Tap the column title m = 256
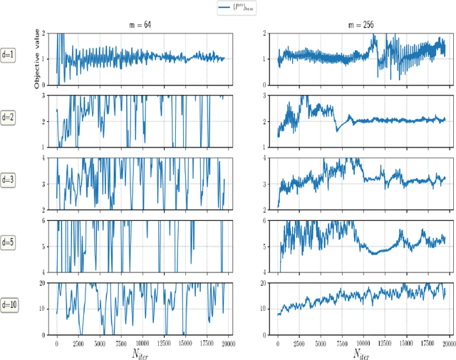pos(363,25)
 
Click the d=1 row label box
pos(9,58)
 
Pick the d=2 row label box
pos(9,118)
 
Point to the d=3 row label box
pos(9,180)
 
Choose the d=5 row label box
pos(9,242)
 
